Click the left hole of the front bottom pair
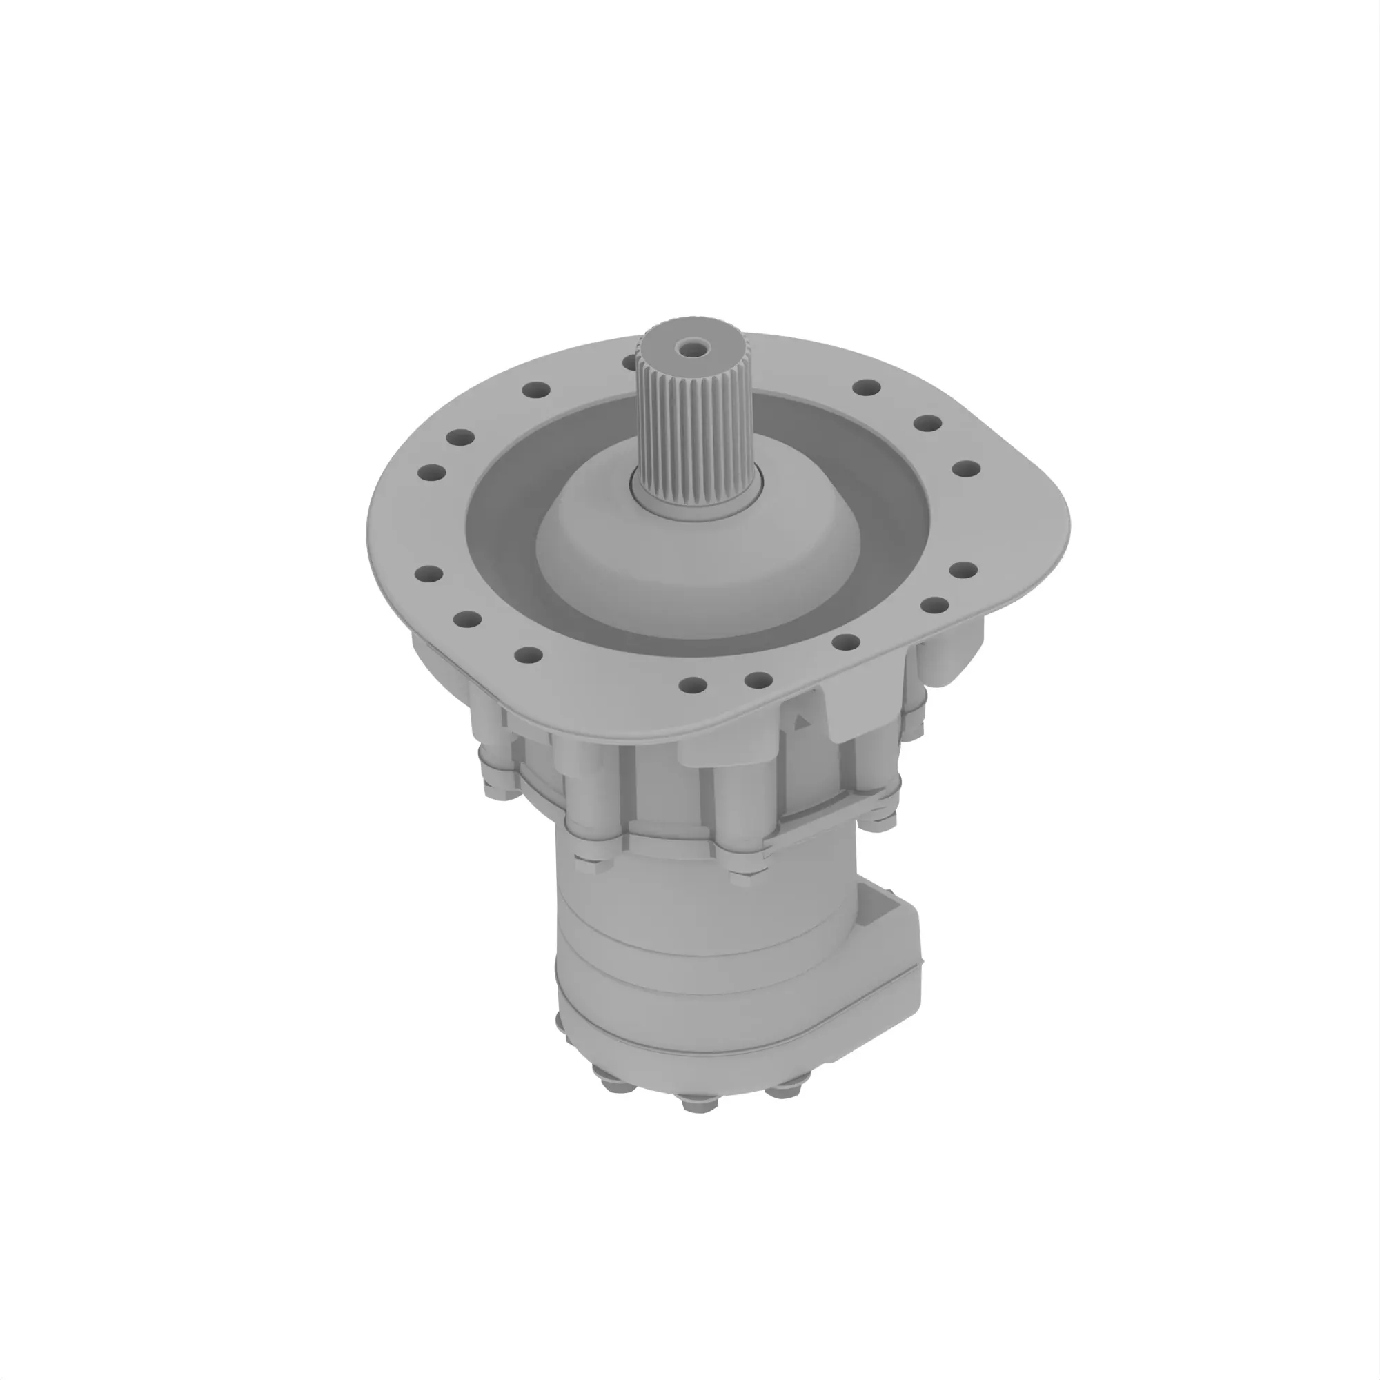pyautogui.click(x=692, y=686)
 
